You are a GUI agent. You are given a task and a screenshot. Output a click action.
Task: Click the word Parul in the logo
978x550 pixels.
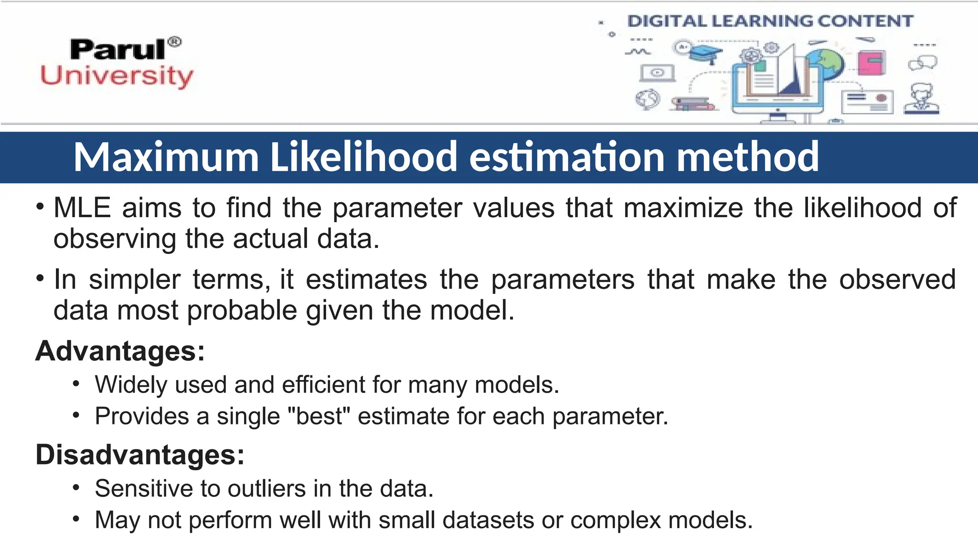coord(118,50)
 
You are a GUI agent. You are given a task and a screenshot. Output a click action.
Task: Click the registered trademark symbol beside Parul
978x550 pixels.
coord(175,42)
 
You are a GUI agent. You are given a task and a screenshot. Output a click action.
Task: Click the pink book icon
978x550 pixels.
coord(871,63)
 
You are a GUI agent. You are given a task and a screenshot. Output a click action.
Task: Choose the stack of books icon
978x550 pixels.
coord(692,104)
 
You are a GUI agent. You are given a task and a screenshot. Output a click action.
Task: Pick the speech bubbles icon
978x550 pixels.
coord(923,63)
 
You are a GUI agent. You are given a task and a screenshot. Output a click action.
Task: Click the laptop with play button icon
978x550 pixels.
coord(657,73)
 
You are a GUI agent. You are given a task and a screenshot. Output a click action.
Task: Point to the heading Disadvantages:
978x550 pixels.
coord(140,454)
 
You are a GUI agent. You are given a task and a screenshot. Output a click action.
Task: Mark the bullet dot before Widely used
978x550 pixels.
coord(76,384)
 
